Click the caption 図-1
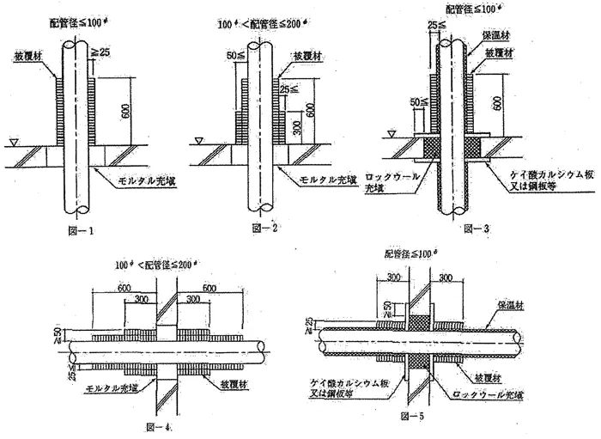point(82,230)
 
